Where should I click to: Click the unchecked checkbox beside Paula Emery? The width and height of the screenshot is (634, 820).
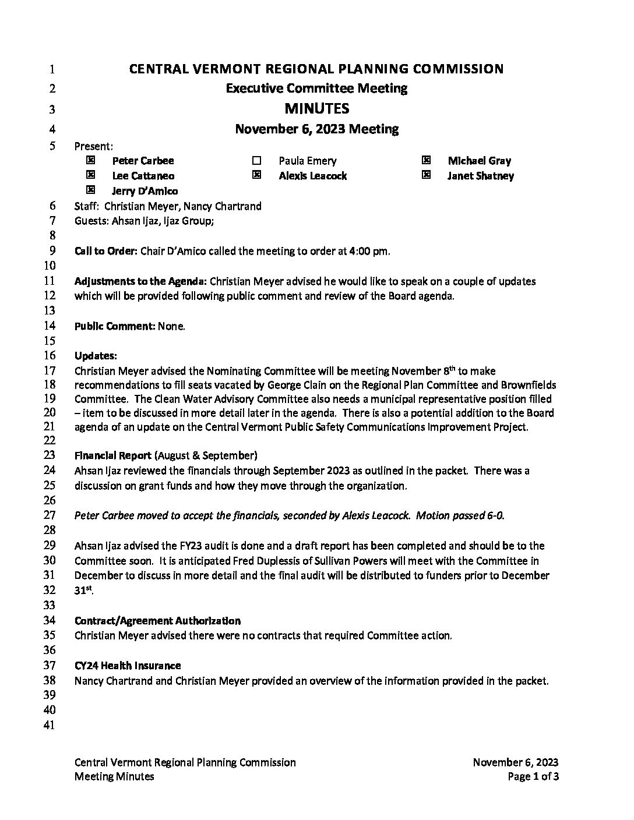click(x=257, y=161)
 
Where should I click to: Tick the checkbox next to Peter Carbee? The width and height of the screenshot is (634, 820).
click(x=90, y=160)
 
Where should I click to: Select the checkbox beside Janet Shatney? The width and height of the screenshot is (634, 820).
click(x=426, y=175)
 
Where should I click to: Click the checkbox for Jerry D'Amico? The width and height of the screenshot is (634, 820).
click(x=90, y=190)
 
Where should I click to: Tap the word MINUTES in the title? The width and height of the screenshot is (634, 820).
click(x=316, y=108)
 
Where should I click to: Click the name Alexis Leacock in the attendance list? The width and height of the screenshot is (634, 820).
click(x=312, y=176)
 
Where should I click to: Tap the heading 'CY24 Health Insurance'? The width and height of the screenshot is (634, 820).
click(x=128, y=665)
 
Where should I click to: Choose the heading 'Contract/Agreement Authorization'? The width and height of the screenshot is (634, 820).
click(x=157, y=621)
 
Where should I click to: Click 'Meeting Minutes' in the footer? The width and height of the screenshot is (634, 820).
click(x=114, y=776)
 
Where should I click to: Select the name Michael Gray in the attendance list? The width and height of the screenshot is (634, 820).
click(x=479, y=161)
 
